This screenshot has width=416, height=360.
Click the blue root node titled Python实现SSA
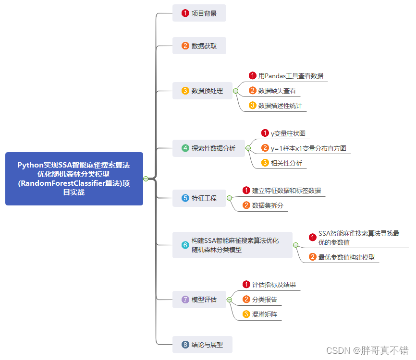(x=74, y=179)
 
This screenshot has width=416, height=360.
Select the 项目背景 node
(x=199, y=13)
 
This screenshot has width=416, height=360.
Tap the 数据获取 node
(x=199, y=46)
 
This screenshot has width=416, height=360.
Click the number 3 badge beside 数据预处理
(x=185, y=91)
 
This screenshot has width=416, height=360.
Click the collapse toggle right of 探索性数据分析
(x=248, y=148)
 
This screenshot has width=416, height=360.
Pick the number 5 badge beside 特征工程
(x=185, y=198)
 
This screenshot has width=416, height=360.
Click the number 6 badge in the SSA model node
(x=185, y=245)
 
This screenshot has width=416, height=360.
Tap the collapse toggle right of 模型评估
(x=229, y=300)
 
